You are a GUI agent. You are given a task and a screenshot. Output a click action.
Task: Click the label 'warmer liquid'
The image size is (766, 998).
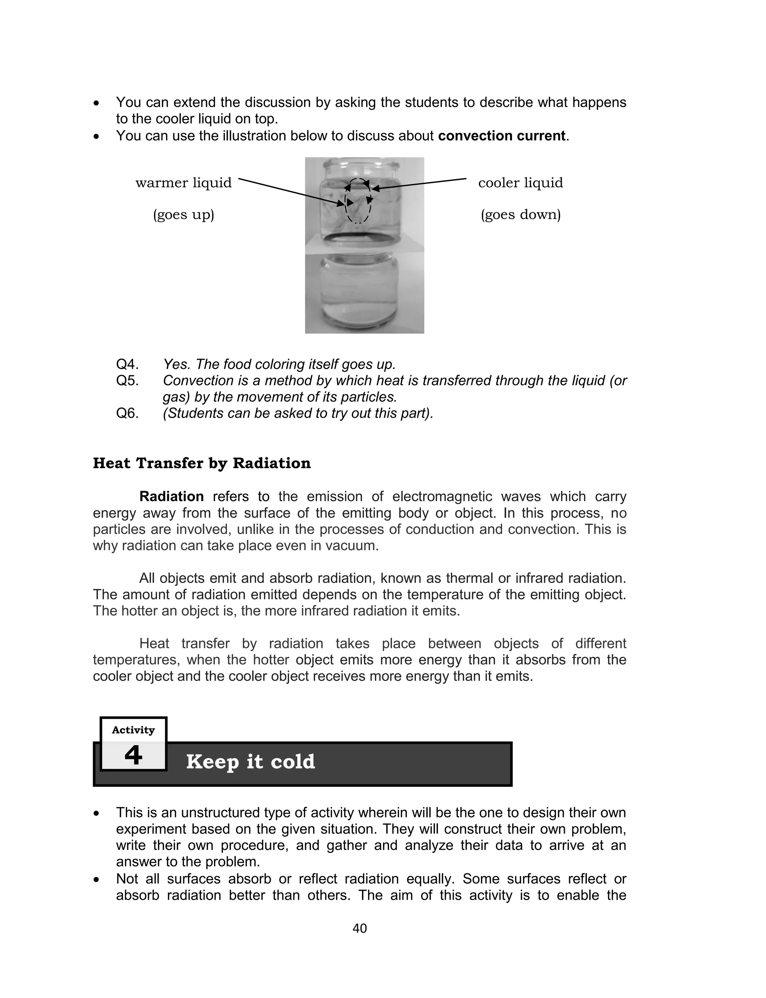pyautogui.click(x=184, y=183)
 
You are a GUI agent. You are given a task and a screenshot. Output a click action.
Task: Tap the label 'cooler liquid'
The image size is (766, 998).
pyautogui.click(x=520, y=183)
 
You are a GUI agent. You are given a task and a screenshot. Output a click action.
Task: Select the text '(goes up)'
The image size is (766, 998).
pyautogui.click(x=183, y=214)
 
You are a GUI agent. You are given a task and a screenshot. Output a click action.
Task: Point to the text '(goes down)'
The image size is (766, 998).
pyautogui.click(x=521, y=214)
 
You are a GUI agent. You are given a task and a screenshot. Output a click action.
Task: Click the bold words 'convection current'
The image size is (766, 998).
pyautogui.click(x=502, y=136)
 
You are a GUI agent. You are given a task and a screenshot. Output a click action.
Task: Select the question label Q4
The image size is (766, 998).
pyautogui.click(x=127, y=364)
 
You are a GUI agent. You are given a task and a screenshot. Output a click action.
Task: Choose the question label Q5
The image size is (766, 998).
pyautogui.click(x=127, y=381)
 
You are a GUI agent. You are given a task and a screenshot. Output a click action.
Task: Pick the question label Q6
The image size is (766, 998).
pyautogui.click(x=127, y=413)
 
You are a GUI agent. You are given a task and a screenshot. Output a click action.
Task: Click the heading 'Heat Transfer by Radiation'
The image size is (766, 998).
pyautogui.click(x=202, y=463)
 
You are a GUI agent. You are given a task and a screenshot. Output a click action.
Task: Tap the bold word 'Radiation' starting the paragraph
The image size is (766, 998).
pyautogui.click(x=171, y=496)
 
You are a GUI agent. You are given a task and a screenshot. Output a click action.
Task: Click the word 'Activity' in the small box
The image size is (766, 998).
pyautogui.click(x=133, y=730)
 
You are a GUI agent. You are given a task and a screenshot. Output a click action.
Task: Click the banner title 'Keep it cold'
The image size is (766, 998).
pyautogui.click(x=250, y=761)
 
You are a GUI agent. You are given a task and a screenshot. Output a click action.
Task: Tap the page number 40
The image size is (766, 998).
pyautogui.click(x=360, y=928)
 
